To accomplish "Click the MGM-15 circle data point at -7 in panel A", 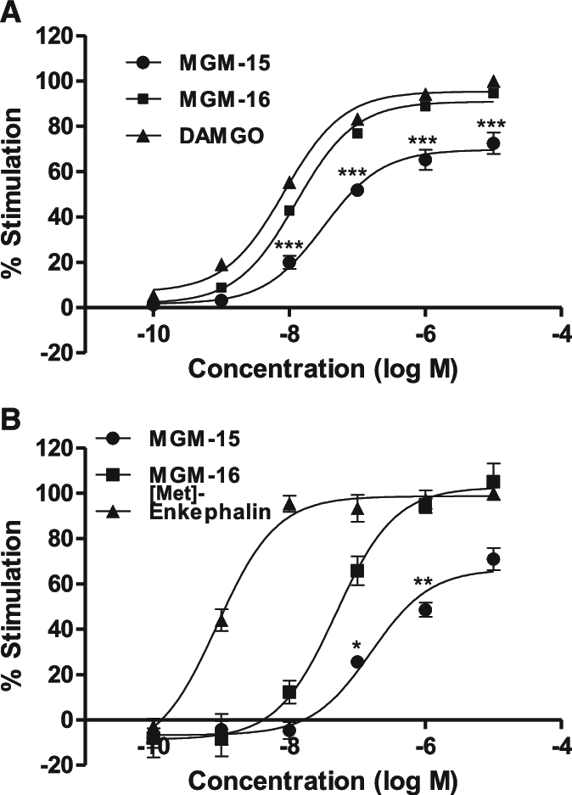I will [357, 190].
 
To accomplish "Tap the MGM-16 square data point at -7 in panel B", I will [357, 571].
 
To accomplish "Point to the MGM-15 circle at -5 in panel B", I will [493, 559].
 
